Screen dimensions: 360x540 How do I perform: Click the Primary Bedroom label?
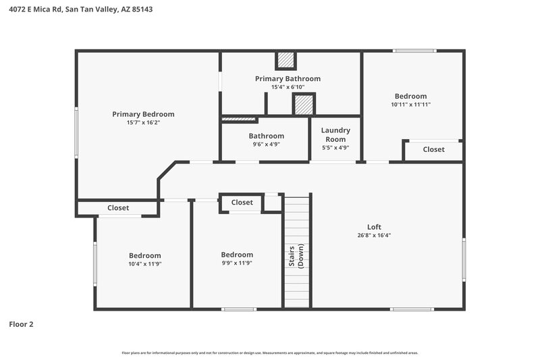(x=143, y=114)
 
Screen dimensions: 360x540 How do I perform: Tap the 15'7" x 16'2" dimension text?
(x=143, y=123)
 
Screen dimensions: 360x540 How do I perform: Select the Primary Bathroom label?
(x=288, y=79)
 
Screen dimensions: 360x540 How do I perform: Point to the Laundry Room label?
(x=335, y=134)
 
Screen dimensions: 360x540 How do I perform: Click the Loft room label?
(x=375, y=227)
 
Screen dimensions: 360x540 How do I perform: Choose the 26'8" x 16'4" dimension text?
(x=375, y=236)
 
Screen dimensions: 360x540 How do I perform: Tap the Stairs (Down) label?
(x=297, y=255)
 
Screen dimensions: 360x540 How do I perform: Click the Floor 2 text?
(x=21, y=324)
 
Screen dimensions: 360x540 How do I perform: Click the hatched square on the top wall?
(x=286, y=60)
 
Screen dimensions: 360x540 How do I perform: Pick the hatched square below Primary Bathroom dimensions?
(x=304, y=105)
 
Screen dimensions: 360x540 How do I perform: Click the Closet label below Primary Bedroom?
(x=118, y=208)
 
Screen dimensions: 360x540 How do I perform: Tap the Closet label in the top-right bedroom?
(x=433, y=149)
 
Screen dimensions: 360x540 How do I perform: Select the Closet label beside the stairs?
(x=242, y=203)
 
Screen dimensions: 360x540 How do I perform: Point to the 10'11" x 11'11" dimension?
(x=410, y=105)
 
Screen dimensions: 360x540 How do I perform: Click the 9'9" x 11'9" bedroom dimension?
(x=237, y=263)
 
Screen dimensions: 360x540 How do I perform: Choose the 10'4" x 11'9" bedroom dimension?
(x=145, y=264)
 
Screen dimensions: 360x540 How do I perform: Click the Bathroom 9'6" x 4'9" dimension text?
(x=266, y=145)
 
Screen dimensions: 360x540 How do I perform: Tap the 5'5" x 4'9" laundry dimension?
(x=335, y=148)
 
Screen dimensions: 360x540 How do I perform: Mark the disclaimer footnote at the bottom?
(x=270, y=353)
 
